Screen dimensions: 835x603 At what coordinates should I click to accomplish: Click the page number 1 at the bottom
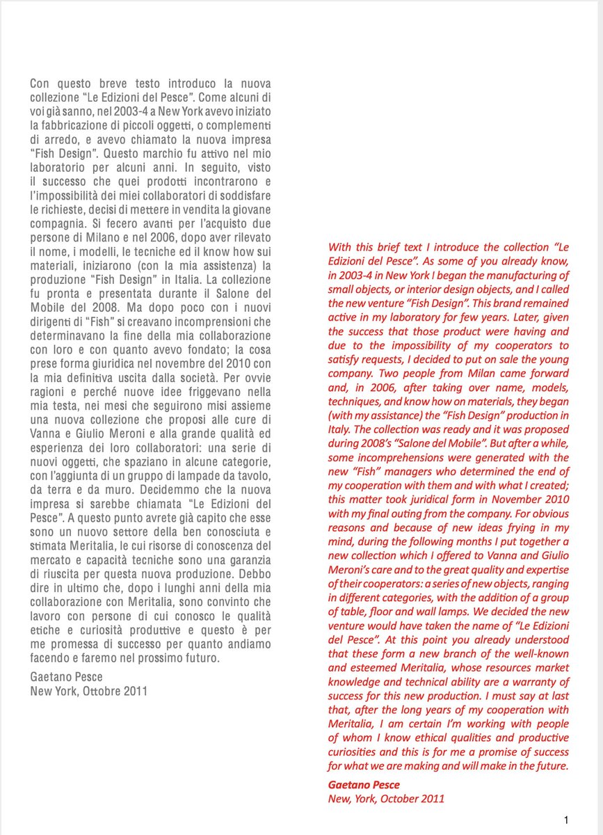567,819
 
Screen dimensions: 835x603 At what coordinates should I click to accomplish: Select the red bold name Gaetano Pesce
364,784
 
